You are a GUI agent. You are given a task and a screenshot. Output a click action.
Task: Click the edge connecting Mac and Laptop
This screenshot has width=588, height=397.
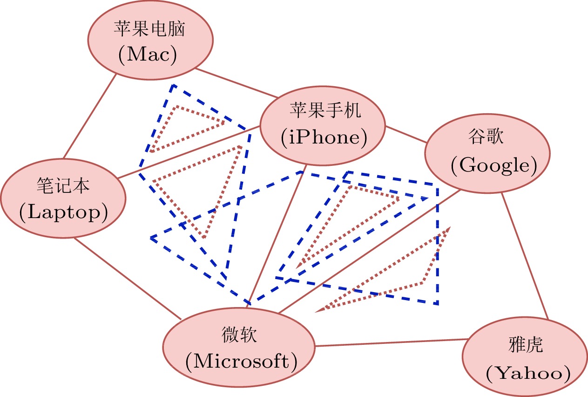coord(89,116)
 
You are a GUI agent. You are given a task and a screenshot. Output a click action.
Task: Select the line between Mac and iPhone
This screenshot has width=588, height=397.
coord(237,83)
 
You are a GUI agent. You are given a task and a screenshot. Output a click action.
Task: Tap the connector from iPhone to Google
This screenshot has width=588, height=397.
coord(406,134)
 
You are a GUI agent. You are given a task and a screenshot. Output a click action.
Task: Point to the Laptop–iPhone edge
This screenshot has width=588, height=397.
coord(186,152)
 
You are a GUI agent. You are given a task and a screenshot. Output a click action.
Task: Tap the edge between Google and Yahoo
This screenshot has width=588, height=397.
coord(524,256)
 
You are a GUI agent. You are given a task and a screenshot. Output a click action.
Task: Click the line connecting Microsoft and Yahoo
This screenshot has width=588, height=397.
coord(391,342)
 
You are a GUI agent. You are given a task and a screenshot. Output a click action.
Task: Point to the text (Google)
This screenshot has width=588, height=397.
coord(493,165)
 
